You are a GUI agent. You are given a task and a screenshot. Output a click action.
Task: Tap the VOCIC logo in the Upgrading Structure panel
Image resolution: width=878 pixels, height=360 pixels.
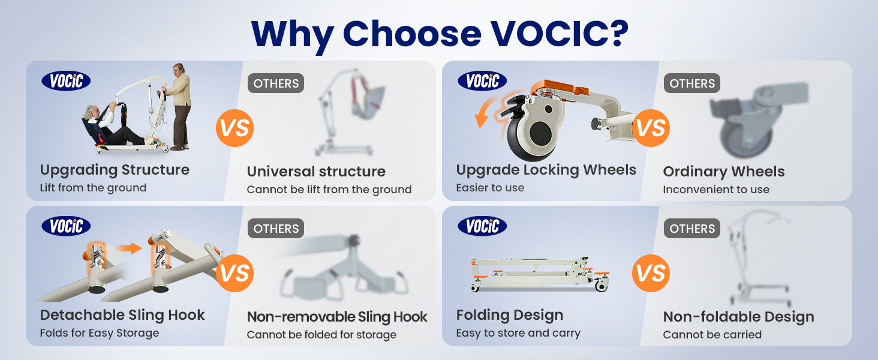tap(66, 81)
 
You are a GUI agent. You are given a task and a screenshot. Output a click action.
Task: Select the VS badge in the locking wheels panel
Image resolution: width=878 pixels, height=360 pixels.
tap(651, 128)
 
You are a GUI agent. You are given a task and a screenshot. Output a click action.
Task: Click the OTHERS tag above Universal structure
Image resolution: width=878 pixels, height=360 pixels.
tap(275, 83)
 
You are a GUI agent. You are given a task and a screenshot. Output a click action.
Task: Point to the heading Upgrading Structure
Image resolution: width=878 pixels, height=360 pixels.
tap(115, 170)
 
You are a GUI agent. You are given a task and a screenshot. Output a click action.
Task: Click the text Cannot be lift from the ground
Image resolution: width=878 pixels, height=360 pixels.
tap(329, 190)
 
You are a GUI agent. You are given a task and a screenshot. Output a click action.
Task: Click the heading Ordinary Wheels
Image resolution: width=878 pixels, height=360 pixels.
tap(723, 172)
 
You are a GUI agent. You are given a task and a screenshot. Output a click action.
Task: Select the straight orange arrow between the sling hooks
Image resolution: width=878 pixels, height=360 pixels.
tap(130, 248)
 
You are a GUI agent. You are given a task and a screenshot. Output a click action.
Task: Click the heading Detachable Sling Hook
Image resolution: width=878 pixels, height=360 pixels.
tap(122, 315)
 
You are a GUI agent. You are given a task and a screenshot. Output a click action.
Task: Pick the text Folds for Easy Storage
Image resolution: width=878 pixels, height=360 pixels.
tap(100, 333)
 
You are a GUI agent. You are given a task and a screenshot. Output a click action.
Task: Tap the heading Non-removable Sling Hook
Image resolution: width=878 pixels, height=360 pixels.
tap(337, 316)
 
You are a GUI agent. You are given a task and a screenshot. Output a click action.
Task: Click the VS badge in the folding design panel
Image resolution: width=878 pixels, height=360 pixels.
tap(651, 274)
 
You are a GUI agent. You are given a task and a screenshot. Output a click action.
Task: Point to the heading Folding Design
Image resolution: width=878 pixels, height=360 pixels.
tap(510, 315)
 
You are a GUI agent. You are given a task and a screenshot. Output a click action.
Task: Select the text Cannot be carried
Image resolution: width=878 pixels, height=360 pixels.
tap(712, 335)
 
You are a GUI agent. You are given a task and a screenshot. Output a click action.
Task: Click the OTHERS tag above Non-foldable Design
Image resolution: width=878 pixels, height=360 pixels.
tap(692, 228)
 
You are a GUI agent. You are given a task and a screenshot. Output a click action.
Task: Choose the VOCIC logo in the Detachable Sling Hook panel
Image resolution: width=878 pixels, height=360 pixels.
tap(66, 226)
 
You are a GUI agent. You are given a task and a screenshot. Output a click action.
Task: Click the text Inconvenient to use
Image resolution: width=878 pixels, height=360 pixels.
tap(716, 190)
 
